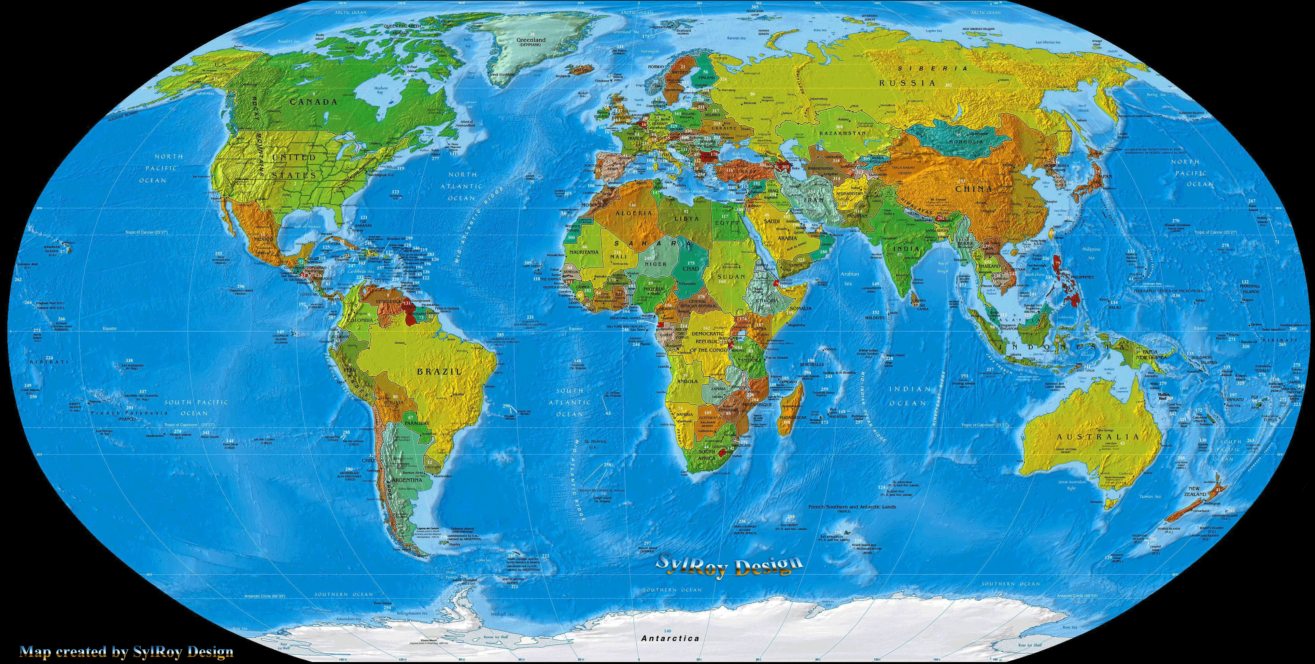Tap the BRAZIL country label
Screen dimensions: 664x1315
[x=439, y=371]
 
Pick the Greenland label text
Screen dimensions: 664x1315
[x=531, y=40]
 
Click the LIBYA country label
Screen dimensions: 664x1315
[x=687, y=219]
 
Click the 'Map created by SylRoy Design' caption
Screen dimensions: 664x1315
[x=127, y=652]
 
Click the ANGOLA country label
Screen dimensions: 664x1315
[x=687, y=382]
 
